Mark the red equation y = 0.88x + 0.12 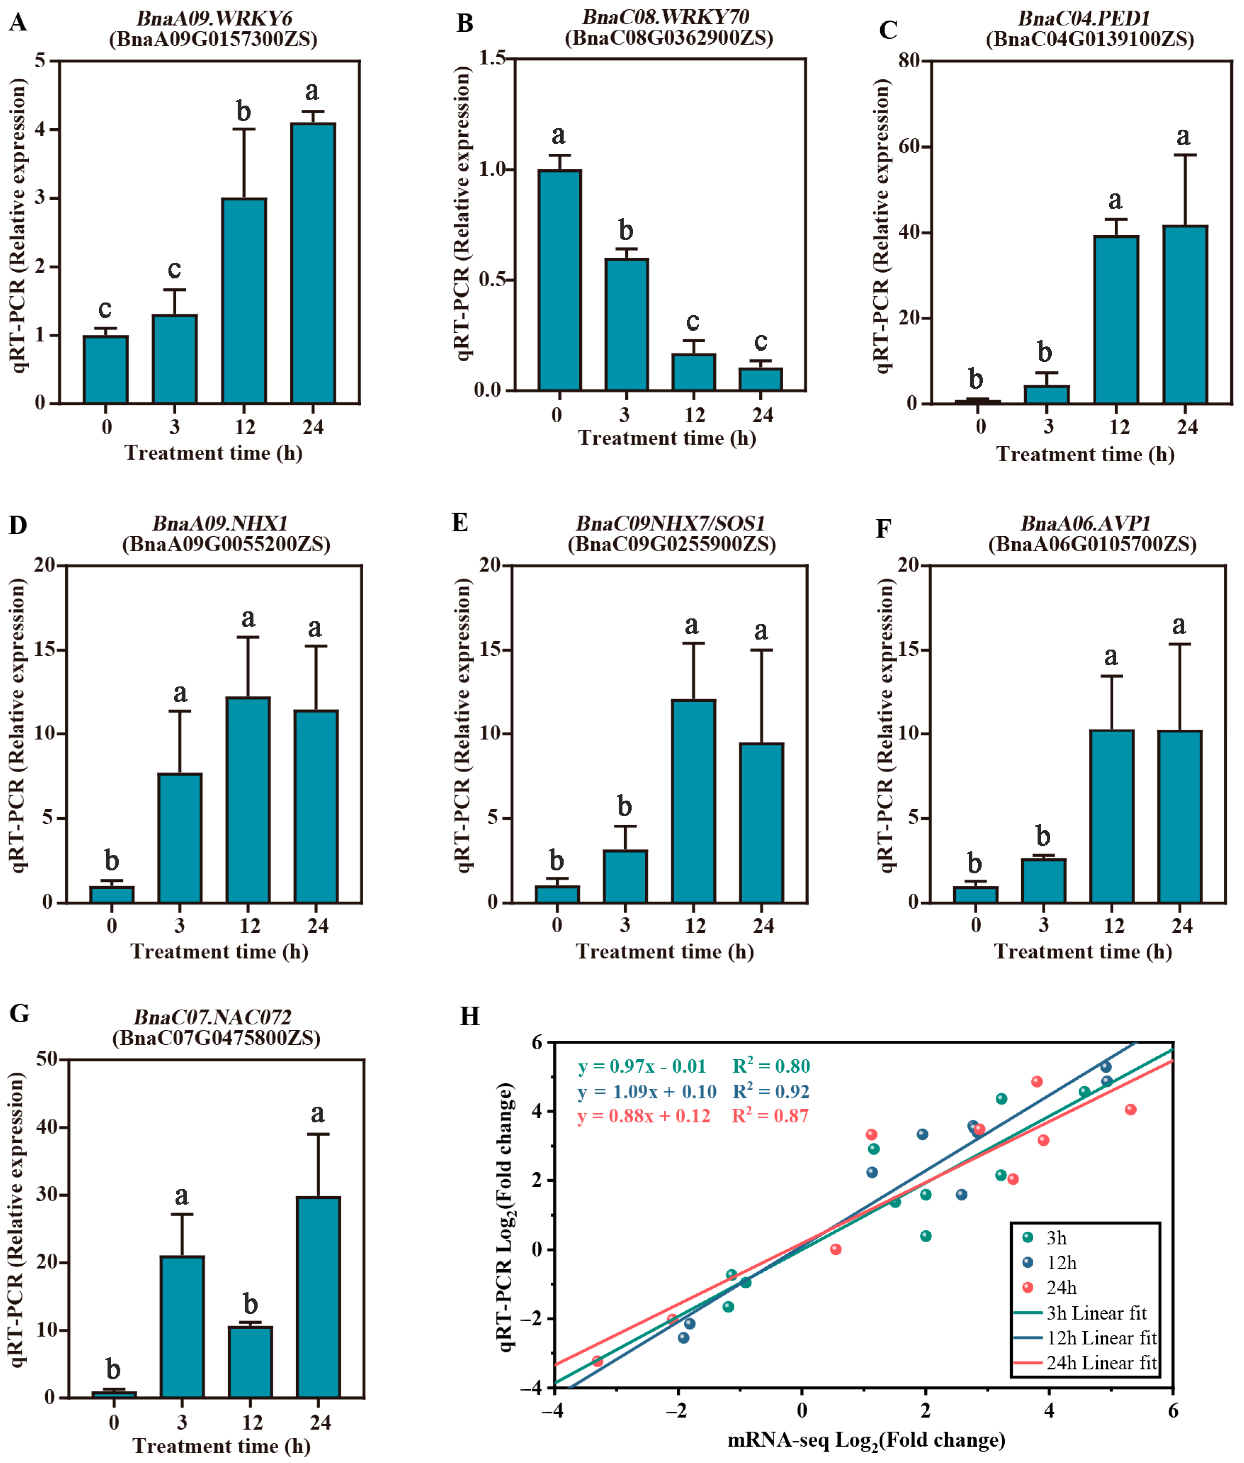tap(643, 1116)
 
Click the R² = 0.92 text tap(770, 1091)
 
